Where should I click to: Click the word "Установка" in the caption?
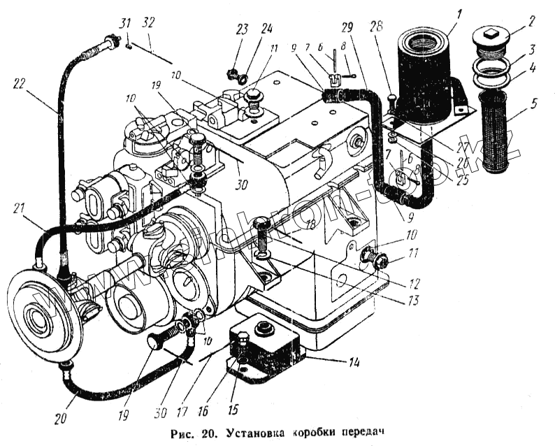(259, 431)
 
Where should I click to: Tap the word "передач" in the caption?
(363, 431)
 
